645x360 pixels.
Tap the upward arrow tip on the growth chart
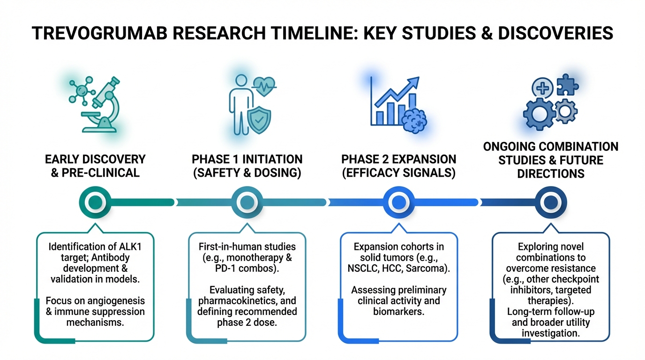tap(414, 82)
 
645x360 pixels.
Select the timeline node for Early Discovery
tap(95, 202)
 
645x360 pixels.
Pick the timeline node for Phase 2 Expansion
tap(398, 202)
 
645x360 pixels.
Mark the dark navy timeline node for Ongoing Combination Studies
tap(550, 202)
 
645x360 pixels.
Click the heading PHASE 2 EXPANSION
tap(398, 159)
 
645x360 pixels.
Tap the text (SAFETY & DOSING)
tap(247, 172)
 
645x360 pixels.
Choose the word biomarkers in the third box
tap(398, 311)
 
